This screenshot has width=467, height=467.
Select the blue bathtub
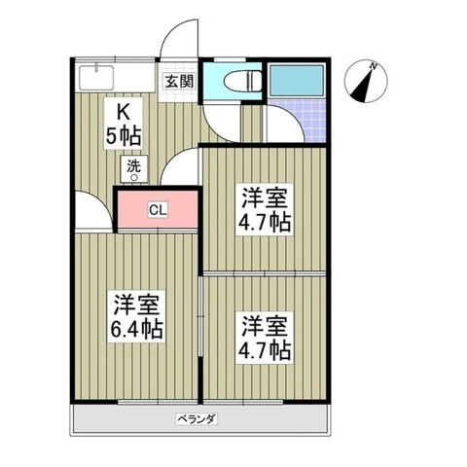(297, 80)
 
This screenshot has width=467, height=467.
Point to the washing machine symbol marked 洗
(134, 169)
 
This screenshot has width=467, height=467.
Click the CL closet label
(158, 210)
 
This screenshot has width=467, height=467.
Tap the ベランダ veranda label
(197, 419)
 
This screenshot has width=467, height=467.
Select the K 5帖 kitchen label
(124, 124)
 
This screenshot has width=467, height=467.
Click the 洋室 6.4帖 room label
(136, 316)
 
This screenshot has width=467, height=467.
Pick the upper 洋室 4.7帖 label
(264, 209)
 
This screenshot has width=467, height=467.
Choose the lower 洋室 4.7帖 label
(264, 338)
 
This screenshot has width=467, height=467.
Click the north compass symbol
(366, 81)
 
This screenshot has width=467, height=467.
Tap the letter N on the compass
(374, 66)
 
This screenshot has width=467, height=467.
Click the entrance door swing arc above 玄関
(172, 31)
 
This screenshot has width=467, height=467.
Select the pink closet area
(158, 209)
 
